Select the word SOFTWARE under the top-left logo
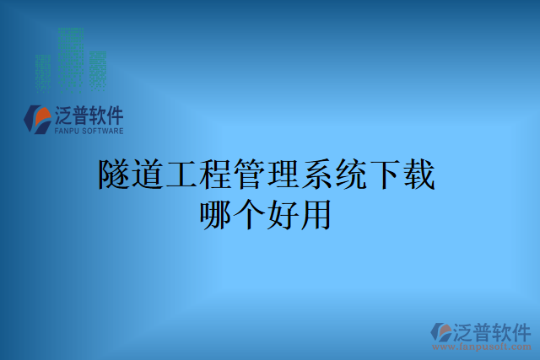[x=102, y=132]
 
